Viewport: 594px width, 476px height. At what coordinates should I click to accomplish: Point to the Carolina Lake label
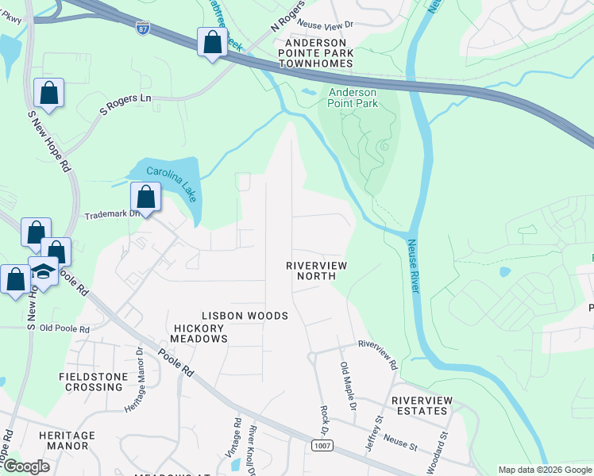[x=164, y=172]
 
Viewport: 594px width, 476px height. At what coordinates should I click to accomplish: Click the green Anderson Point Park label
[x=353, y=98]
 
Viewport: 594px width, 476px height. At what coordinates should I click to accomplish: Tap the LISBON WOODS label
[x=244, y=316]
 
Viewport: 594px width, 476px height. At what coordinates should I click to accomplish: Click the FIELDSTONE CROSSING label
[x=91, y=381]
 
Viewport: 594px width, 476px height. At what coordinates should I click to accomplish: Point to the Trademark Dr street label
[x=112, y=214]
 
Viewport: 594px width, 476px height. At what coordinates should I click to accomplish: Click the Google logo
[x=25, y=466]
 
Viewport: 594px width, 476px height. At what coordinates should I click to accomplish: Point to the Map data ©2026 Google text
[x=544, y=470]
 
